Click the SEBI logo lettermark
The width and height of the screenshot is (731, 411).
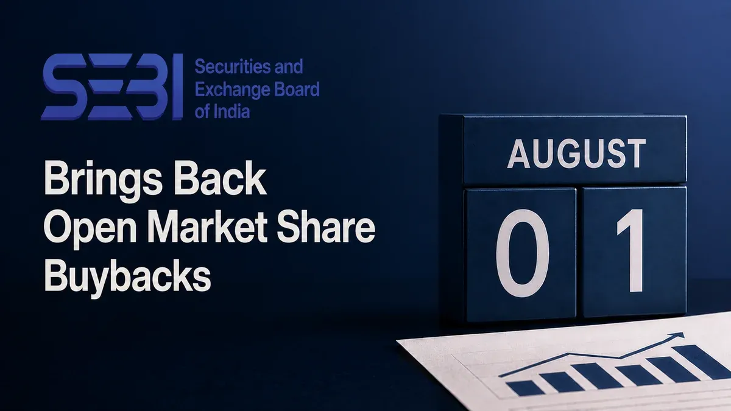coord(112,86)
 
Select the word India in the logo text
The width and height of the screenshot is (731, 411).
coord(232,111)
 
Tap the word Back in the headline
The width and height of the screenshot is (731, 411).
coord(221,178)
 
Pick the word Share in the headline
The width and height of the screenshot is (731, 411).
coord(326,227)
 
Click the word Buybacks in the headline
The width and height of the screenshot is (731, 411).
coord(127,278)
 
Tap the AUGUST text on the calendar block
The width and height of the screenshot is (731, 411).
coord(577,153)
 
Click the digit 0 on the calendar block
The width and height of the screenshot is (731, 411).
coord(523,253)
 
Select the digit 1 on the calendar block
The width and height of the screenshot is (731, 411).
coord(631,250)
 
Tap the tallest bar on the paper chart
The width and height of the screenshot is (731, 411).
coord(702,361)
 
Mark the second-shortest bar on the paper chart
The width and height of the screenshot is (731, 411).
coord(561,382)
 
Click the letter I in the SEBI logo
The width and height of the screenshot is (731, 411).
coord(177,86)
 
